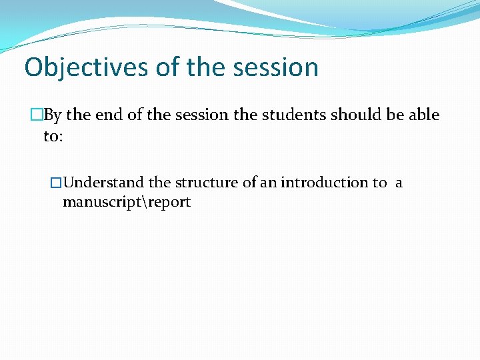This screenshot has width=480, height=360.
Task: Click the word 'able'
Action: coord(424,115)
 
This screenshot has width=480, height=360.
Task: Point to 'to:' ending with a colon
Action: coord(53,136)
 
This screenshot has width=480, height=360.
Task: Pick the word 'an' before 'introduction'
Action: coord(268,183)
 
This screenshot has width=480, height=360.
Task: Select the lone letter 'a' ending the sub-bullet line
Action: coord(399,183)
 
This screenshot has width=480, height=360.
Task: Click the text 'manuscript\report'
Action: coord(127,202)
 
